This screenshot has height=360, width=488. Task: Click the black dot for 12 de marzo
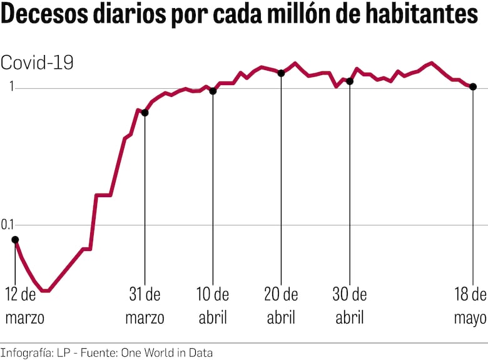tap(15, 239)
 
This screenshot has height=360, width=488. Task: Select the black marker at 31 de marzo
tap(145, 113)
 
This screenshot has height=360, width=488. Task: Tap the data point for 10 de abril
tap(213, 91)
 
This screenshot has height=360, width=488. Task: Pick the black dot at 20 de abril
tap(281, 73)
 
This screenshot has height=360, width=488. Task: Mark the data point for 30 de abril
tap(350, 81)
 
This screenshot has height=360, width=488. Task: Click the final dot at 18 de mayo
tap(473, 86)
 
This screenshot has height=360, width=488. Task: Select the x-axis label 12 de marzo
tap(24, 306)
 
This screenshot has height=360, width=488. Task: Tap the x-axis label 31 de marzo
tap(145, 306)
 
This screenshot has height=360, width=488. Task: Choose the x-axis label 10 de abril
tap(213, 306)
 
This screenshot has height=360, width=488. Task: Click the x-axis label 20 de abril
tap(281, 306)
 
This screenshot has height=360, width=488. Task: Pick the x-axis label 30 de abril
tap(350, 306)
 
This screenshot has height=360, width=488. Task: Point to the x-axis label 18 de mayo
tap(470, 306)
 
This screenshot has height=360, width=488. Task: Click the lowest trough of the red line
tap(46, 291)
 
